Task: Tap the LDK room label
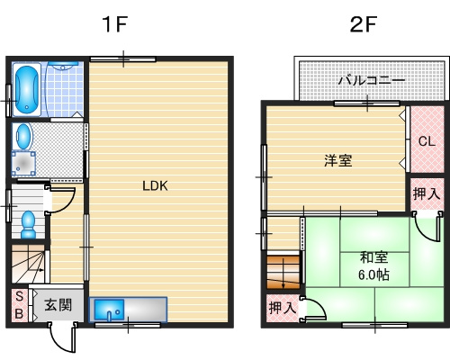click(x=156, y=186)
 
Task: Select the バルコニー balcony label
click(x=371, y=81)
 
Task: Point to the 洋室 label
click(x=337, y=161)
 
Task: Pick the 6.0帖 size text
click(x=373, y=274)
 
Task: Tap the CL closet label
click(x=427, y=141)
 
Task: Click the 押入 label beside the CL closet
click(x=427, y=193)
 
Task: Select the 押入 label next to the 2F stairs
click(x=281, y=308)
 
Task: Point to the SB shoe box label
click(x=18, y=305)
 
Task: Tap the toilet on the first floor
click(x=27, y=221)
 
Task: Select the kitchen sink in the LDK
click(x=112, y=310)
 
